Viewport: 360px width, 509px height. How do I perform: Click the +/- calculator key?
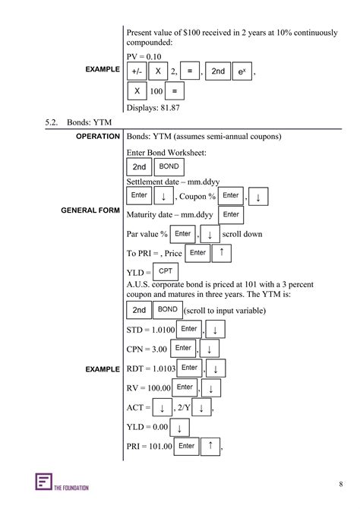(137, 71)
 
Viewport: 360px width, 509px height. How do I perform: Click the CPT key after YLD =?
(165, 270)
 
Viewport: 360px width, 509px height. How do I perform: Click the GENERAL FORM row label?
(90, 210)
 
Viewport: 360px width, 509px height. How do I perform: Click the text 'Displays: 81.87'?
(153, 108)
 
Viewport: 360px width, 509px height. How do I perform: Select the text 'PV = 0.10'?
(144, 56)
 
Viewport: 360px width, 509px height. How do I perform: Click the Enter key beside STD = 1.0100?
(188, 329)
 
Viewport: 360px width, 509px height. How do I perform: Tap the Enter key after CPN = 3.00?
(183, 348)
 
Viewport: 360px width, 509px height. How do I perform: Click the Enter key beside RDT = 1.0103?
(189, 368)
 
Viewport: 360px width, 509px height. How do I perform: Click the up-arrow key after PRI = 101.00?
(210, 446)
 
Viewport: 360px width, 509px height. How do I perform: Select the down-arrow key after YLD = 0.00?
(179, 428)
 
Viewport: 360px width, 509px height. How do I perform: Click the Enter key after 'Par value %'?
(182, 234)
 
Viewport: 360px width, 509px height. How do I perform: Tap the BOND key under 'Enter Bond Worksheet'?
(169, 166)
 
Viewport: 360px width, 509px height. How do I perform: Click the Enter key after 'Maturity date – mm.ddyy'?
(232, 215)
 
